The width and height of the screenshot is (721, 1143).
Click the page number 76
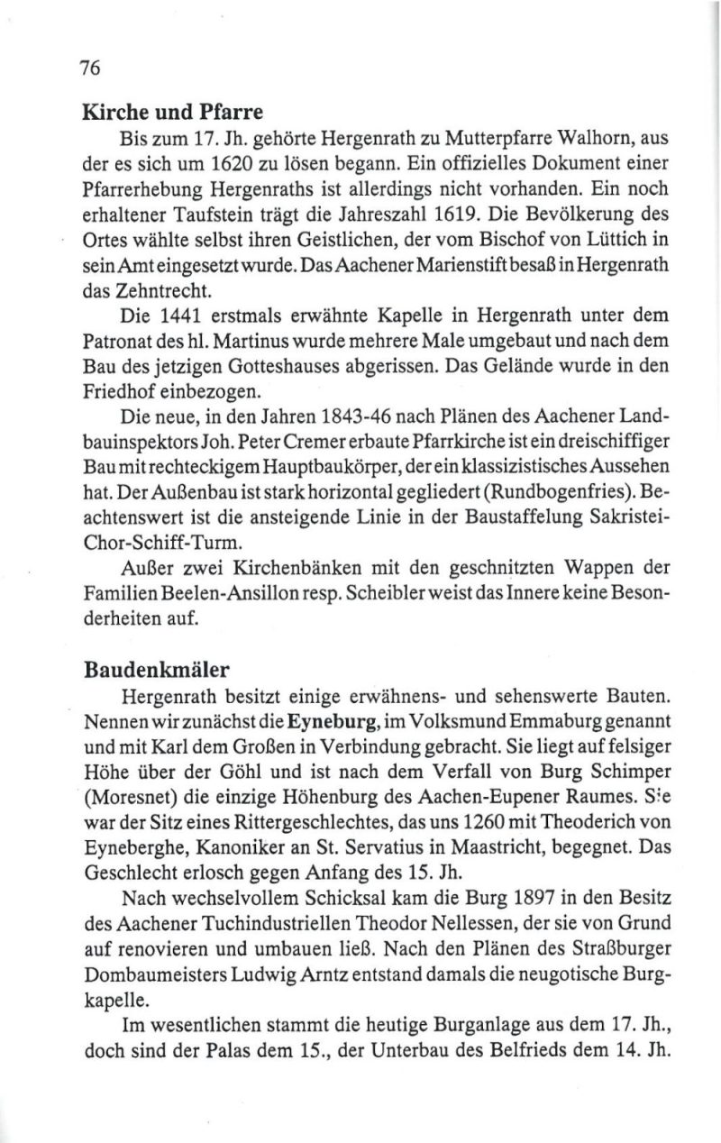pyautogui.click(x=91, y=68)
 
